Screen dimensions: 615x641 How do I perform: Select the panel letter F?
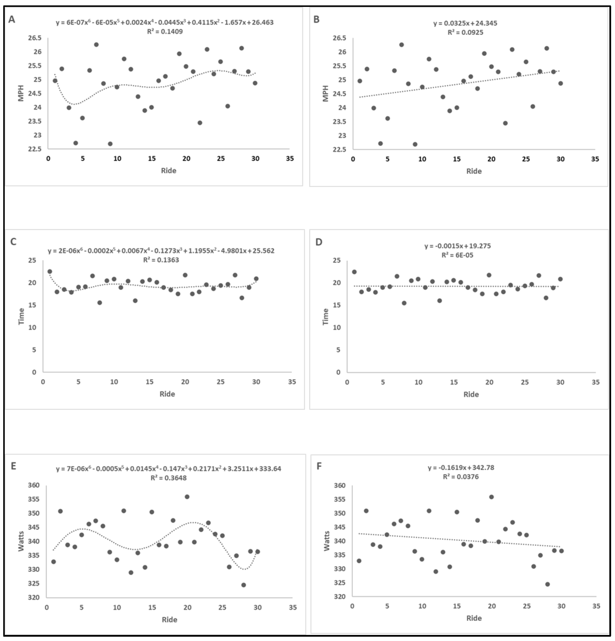click(319, 466)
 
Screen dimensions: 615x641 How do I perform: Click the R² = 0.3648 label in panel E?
click(168, 478)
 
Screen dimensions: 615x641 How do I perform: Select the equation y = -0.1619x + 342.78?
click(461, 468)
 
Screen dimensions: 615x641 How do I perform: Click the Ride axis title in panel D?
click(471, 394)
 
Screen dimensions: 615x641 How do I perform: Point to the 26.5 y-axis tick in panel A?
click(35, 38)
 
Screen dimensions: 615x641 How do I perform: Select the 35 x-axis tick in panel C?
click(292, 382)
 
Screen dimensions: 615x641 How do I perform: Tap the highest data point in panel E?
click(187, 496)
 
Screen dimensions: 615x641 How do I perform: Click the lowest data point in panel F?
click(548, 584)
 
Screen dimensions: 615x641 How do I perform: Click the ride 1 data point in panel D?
click(354, 272)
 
